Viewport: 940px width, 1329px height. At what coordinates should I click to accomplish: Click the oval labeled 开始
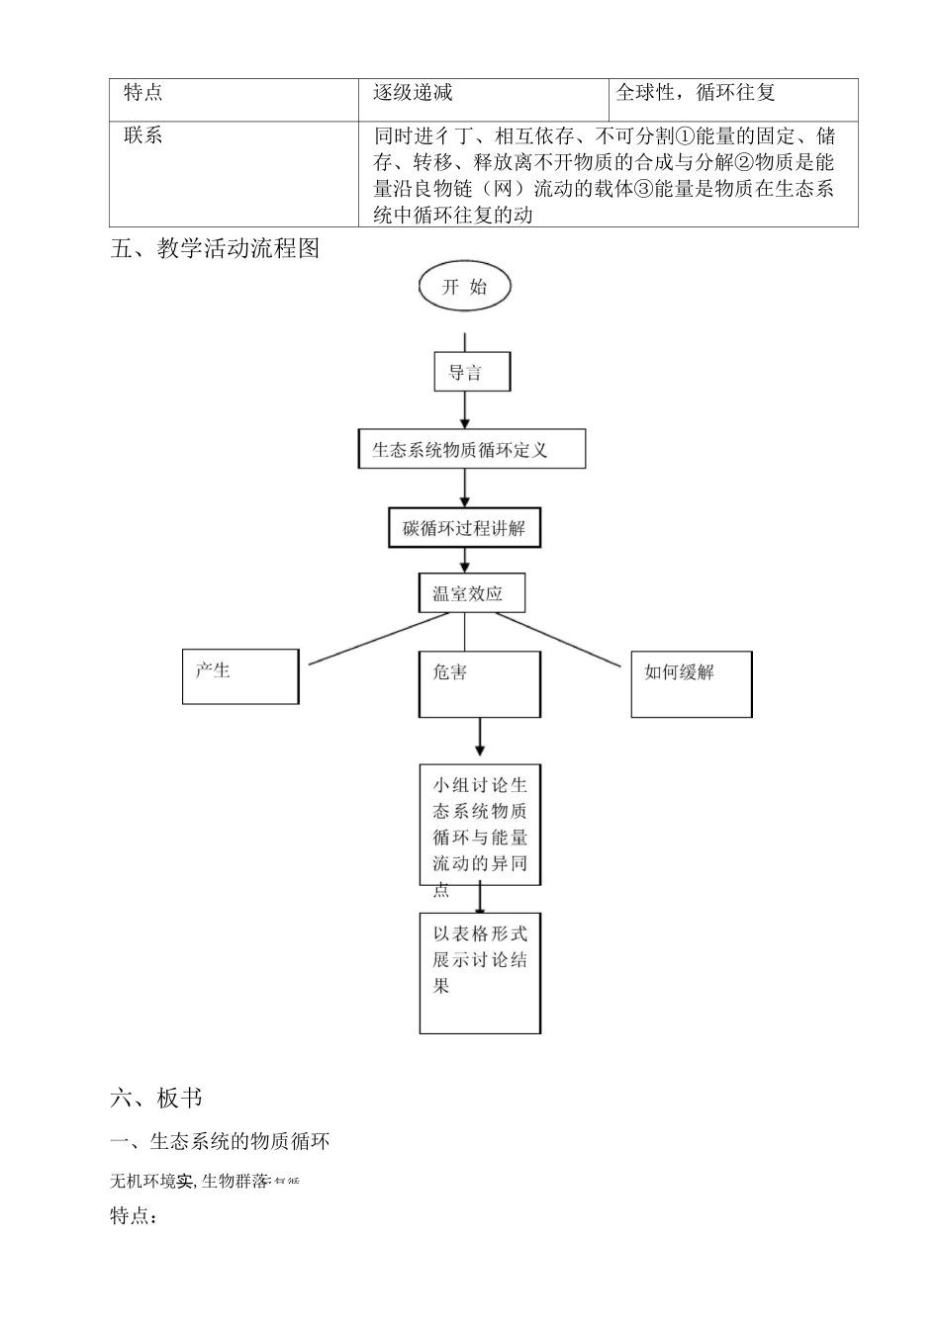pyautogui.click(x=464, y=287)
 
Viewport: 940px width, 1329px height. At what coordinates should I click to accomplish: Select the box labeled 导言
pyautogui.click(x=472, y=372)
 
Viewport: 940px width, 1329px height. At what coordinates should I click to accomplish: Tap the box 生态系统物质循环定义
pyautogui.click(x=471, y=449)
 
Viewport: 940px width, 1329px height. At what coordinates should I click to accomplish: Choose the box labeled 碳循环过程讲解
pyautogui.click(x=464, y=528)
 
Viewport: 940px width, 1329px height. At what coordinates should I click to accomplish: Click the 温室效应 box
pyautogui.click(x=471, y=593)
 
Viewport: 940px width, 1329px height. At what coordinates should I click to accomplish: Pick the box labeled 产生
pyautogui.click(x=240, y=676)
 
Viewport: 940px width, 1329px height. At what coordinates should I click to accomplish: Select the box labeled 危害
pyautogui.click(x=480, y=683)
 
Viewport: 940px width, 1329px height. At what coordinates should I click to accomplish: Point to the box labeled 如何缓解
pyautogui.click(x=692, y=683)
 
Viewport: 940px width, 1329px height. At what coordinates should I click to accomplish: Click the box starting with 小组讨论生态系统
pyautogui.click(x=480, y=825)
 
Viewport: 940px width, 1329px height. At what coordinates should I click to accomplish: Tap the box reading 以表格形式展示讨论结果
pyautogui.click(x=480, y=973)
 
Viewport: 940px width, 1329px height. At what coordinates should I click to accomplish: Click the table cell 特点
pyautogui.click(x=143, y=92)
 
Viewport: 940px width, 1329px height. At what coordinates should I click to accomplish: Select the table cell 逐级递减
pyautogui.click(x=414, y=92)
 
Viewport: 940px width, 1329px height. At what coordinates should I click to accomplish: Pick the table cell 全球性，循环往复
pyautogui.click(x=696, y=92)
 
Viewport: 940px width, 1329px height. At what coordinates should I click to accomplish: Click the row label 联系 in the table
pyautogui.click(x=143, y=135)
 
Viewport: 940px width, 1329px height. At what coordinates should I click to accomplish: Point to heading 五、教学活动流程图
pyautogui.click(x=216, y=248)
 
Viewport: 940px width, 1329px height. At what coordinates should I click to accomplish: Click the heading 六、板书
pyautogui.click(x=156, y=1098)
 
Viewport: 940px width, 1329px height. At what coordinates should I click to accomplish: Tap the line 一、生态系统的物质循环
pyautogui.click(x=220, y=1142)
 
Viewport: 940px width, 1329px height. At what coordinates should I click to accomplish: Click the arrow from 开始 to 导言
pyautogui.click(x=464, y=333)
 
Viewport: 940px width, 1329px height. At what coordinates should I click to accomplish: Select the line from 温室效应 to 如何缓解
pyautogui.click(x=564, y=637)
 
